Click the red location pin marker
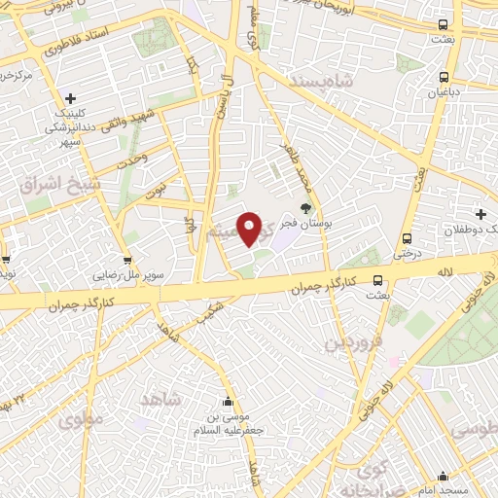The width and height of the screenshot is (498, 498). [250, 229]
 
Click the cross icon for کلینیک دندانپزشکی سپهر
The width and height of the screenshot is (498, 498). [71, 98]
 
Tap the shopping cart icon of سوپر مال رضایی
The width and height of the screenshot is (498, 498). [127, 260]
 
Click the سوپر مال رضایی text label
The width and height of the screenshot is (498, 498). [127, 275]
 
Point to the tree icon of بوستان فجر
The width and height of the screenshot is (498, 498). [306, 207]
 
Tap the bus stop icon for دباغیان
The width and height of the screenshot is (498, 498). [444, 77]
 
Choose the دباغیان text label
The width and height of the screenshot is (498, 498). [444, 93]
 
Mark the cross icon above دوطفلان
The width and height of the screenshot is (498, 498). [480, 214]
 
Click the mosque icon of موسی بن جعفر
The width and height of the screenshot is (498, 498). [228, 402]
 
